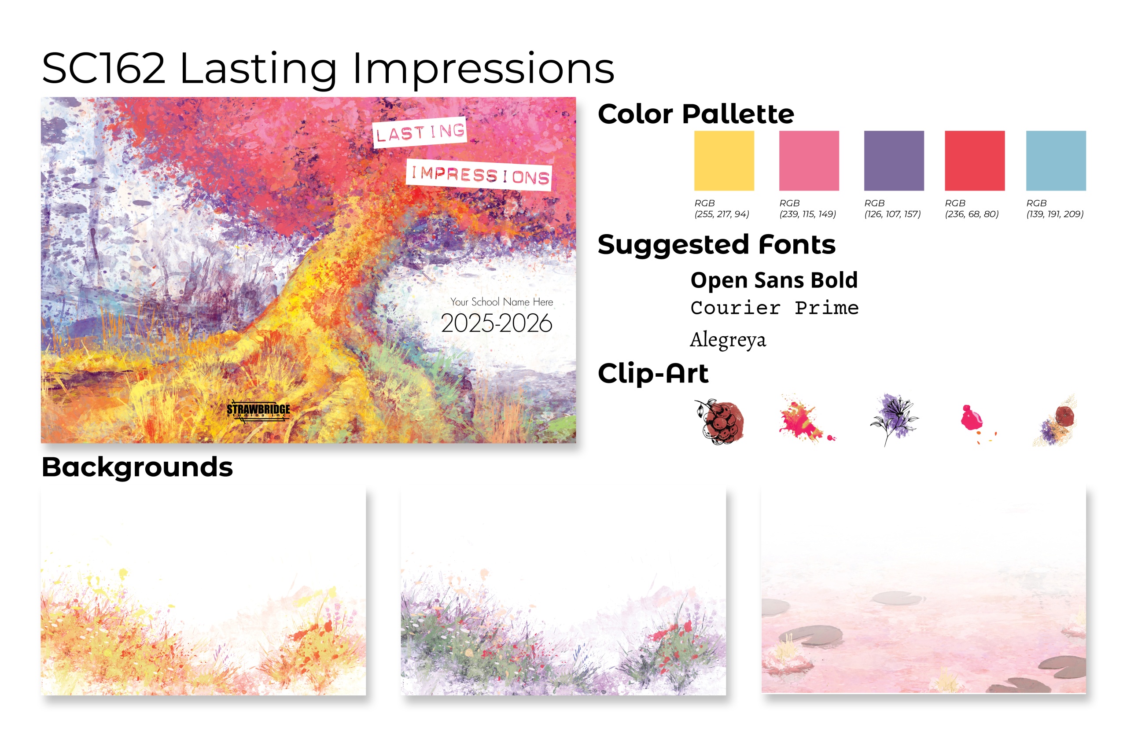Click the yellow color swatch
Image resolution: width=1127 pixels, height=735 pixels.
(724, 161)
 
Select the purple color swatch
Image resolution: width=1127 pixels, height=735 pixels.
(894, 161)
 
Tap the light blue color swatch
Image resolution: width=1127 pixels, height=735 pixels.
(1056, 161)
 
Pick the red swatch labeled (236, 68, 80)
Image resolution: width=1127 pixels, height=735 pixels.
(975, 161)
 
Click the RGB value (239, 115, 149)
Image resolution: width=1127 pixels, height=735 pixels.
(808, 214)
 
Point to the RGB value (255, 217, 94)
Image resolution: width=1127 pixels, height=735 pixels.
(722, 214)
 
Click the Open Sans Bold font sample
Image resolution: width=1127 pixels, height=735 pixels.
(774, 280)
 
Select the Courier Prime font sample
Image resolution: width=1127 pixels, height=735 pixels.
(775, 308)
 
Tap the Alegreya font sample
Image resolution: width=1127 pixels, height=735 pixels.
(728, 340)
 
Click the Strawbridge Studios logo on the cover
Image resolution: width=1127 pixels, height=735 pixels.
(258, 410)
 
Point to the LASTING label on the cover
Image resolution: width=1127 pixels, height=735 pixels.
(420, 132)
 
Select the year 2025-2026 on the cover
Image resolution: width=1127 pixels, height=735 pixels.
(496, 323)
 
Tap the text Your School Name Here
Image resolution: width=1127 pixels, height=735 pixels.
(501, 302)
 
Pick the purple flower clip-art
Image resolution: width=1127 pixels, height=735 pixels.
(894, 419)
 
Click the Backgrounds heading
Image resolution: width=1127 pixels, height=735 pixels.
(137, 467)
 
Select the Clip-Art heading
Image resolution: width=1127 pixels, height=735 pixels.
(653, 373)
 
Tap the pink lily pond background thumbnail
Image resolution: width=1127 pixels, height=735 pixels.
(923, 589)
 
